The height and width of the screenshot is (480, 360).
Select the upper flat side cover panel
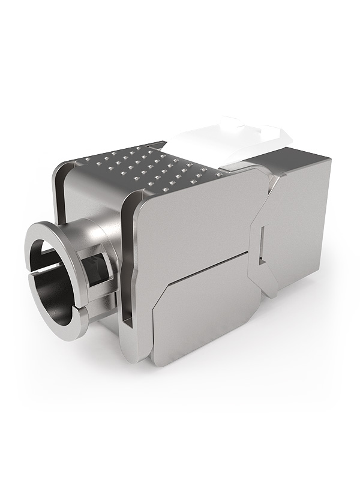(x=192, y=228)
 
